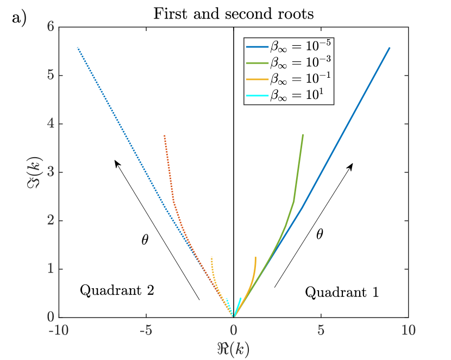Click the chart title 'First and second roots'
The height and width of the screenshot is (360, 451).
[234, 14]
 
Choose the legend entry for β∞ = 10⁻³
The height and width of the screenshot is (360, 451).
[289, 63]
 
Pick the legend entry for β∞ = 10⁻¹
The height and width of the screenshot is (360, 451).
[289, 79]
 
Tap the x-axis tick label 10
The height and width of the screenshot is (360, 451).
[408, 331]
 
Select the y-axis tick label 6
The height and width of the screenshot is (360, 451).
[50, 27]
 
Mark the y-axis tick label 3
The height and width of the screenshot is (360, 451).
[50, 172]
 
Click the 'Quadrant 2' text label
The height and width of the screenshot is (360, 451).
[117, 290]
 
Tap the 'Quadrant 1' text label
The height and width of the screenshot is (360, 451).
[342, 292]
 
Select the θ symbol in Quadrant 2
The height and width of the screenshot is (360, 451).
[145, 240]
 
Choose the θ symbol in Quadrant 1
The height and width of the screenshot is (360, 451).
[320, 234]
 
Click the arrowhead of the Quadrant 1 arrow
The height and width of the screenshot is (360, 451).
[351, 165]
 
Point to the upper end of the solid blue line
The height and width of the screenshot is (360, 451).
[390, 48]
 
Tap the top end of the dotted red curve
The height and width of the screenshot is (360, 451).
[164, 135]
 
